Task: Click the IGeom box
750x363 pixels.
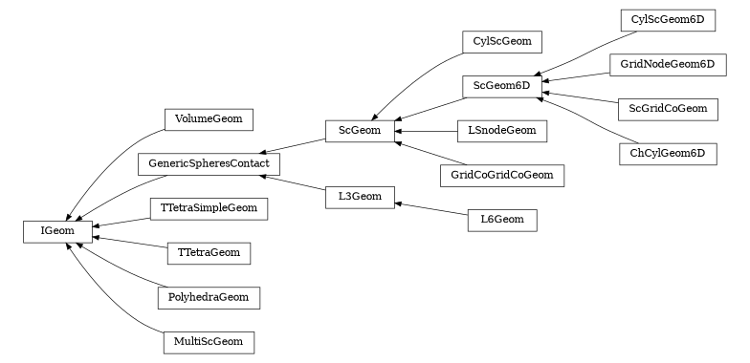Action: [57, 230]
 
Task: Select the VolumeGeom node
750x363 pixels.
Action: [209, 119]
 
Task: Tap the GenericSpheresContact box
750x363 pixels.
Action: [209, 163]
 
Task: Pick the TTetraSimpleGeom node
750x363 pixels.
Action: [209, 207]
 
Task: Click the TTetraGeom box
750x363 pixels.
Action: [209, 253]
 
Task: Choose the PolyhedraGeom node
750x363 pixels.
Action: [209, 297]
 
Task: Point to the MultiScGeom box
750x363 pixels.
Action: [209, 341]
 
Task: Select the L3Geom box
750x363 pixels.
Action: [360, 198]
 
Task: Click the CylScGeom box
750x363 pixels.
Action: [501, 41]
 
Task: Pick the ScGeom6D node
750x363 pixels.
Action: [501, 86]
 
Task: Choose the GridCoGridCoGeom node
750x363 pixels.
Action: [501, 175]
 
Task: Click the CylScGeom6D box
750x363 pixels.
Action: [668, 20]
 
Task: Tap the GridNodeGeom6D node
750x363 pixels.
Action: [668, 64]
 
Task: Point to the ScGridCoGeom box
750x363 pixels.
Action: [668, 108]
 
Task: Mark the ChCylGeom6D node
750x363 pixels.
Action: [668, 153]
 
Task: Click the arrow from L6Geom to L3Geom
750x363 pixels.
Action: [430, 208]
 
